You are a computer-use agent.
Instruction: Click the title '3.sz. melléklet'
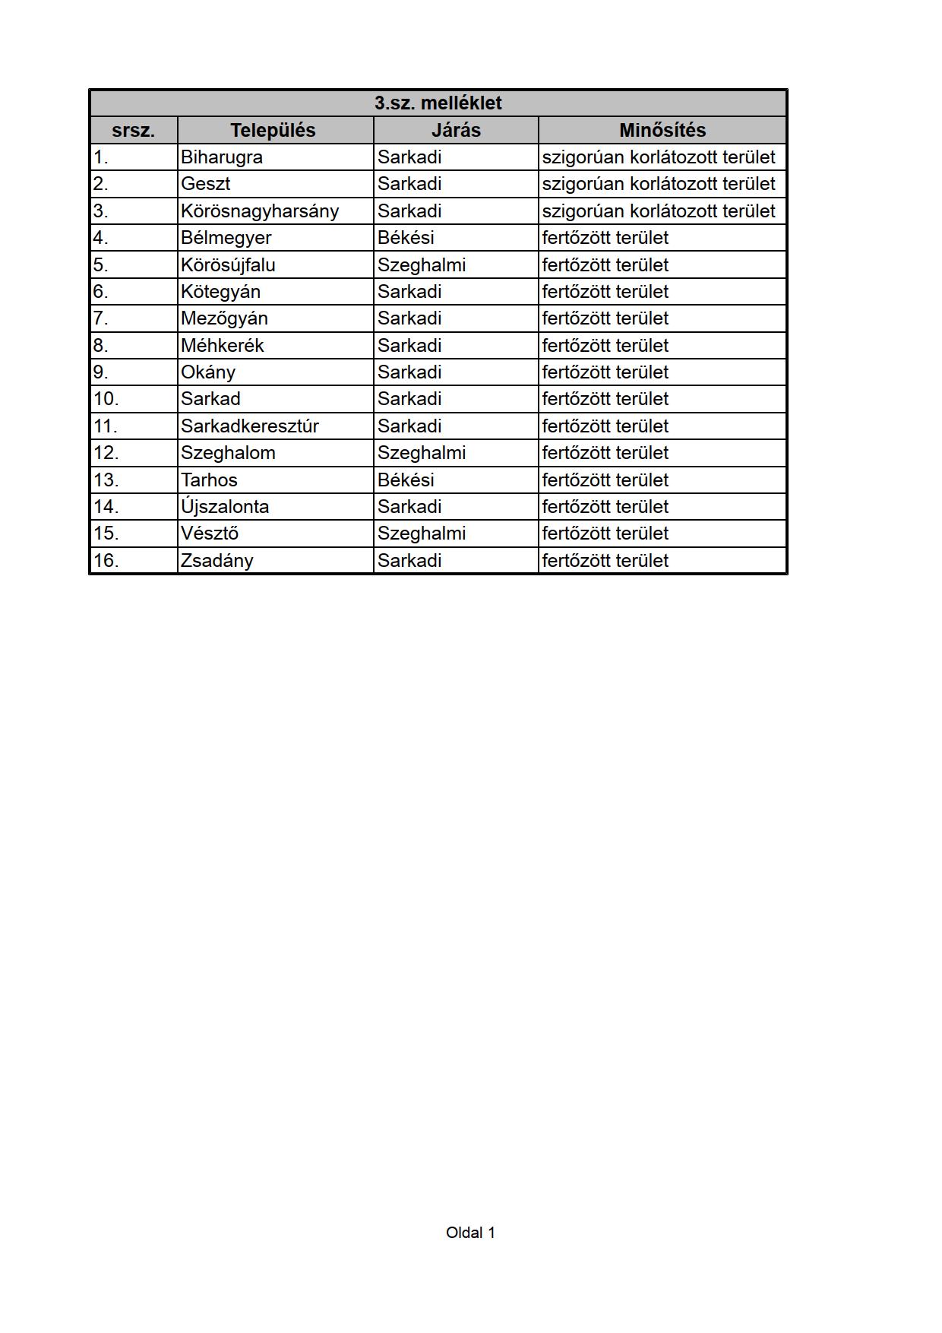coord(438,103)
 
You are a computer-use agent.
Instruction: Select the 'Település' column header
coord(273,131)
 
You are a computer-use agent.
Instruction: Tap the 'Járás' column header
coord(456,131)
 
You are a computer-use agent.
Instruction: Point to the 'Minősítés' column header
coord(662,131)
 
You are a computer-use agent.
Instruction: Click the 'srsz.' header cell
coord(133,131)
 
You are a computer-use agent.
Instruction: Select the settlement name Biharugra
coord(222,157)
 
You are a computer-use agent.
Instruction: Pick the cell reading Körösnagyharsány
coord(260,211)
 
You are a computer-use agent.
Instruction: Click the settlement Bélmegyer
coord(226,238)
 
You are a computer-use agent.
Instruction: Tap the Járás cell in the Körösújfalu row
coord(422,265)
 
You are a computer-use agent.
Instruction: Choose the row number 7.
coord(101,318)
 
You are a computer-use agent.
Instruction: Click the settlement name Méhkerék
coord(222,346)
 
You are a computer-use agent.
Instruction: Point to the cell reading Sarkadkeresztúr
coord(250,426)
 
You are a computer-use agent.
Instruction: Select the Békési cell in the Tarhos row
coord(406,480)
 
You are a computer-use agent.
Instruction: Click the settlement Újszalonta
coord(225,507)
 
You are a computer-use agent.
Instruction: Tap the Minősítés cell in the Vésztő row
coord(605,534)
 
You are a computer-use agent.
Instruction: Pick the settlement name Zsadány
coord(217,561)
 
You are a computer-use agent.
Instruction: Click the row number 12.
coord(106,453)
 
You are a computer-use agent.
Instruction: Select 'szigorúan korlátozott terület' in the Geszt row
coord(659,184)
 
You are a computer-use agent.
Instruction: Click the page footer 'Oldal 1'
coord(470,1233)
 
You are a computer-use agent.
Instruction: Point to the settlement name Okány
coord(208,372)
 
